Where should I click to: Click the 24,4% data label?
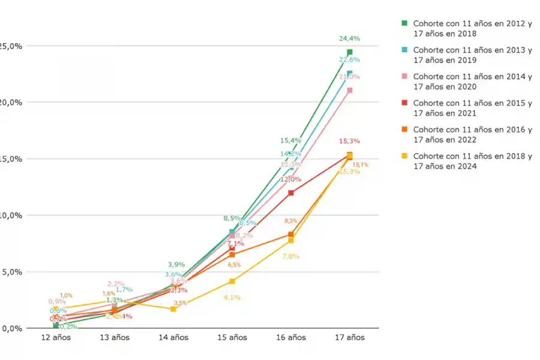pyautogui.click(x=349, y=38)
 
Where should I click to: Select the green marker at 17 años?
pyautogui.click(x=349, y=52)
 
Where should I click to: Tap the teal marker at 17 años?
pyautogui.click(x=349, y=73)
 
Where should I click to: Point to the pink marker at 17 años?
pyautogui.click(x=349, y=90)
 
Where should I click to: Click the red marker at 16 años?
pyautogui.click(x=291, y=193)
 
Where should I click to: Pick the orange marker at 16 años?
pyautogui.click(x=291, y=235)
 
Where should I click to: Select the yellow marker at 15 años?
pyautogui.click(x=232, y=281)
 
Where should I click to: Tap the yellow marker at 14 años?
pyautogui.click(x=173, y=308)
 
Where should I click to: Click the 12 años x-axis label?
pyautogui.click(x=56, y=338)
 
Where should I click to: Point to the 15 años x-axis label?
pyautogui.click(x=232, y=338)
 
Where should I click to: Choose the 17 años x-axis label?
pyautogui.click(x=349, y=338)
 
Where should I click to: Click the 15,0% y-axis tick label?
pyautogui.click(x=11, y=159)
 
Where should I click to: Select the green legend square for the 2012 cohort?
pyautogui.click(x=404, y=23)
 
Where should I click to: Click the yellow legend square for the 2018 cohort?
pyautogui.click(x=404, y=156)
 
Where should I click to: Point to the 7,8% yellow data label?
pyautogui.click(x=291, y=256)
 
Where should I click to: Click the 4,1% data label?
pyautogui.click(x=232, y=297)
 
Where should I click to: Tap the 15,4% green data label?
pyautogui.click(x=289, y=140)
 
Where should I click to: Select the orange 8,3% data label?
pyautogui.click(x=291, y=221)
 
